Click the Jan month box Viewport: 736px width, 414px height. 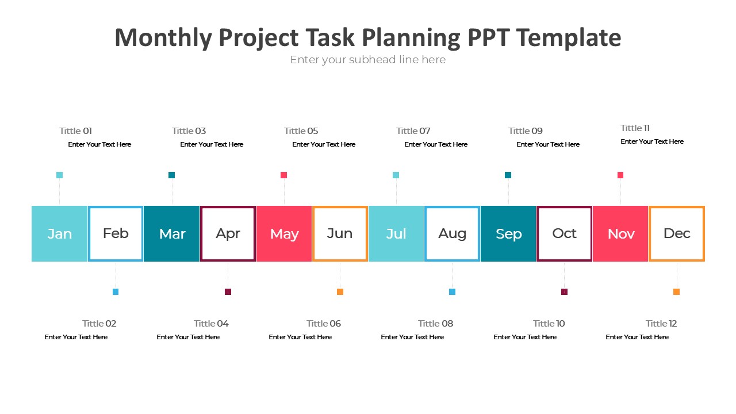(59, 233)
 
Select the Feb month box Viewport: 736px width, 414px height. (116, 233)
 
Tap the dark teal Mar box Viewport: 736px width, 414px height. (172, 233)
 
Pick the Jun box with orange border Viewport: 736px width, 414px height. (340, 233)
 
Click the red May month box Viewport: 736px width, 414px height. (284, 233)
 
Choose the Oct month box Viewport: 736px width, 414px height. (564, 233)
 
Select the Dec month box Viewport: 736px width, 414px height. (677, 233)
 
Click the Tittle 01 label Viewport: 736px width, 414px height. (75, 131)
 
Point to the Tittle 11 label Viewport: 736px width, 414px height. (635, 128)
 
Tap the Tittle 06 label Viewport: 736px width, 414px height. (323, 324)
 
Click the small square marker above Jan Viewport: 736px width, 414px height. (59, 175)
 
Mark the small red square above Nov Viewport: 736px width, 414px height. (620, 175)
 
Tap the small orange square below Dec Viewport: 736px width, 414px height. (676, 292)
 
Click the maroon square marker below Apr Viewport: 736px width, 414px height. (228, 292)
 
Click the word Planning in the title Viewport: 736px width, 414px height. (411, 38)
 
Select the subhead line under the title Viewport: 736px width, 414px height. (367, 60)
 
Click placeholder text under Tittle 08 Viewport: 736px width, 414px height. (412, 337)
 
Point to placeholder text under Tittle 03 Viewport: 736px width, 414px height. (212, 144)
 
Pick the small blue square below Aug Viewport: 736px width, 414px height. (452, 292)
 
